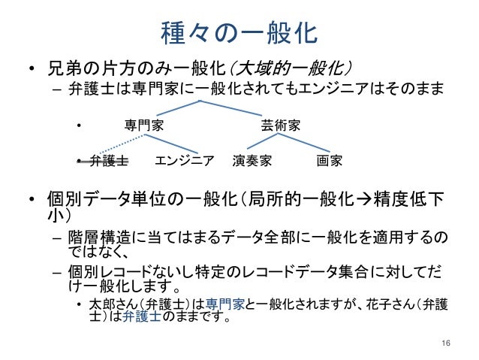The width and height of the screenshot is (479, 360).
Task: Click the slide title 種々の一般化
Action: coord(239,32)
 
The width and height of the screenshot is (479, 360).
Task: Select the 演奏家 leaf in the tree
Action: coord(252,160)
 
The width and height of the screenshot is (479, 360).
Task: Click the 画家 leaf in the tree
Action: coord(330,160)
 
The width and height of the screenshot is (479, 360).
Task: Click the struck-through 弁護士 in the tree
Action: coord(109,160)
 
